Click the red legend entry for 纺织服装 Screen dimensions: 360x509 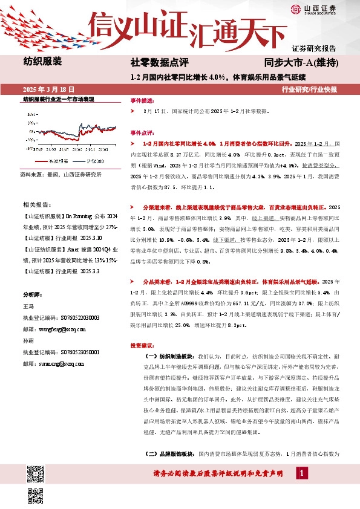tap(53, 161)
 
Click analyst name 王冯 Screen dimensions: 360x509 tap(28, 307)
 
